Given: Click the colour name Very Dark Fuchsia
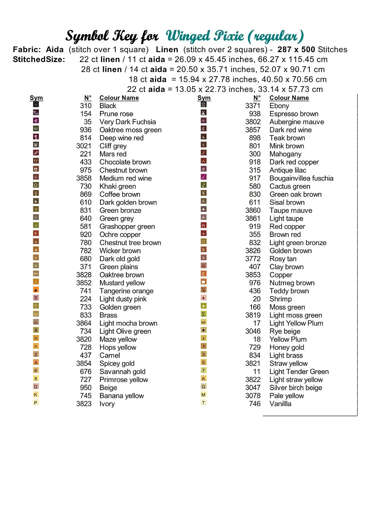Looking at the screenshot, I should (127, 122).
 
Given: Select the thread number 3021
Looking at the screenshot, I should (84, 146).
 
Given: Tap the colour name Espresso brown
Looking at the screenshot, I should (294, 114).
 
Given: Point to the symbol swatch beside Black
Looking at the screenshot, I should (36, 105).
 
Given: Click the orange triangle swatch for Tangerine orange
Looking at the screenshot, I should (36, 290).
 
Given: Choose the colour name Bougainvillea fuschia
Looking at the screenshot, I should (301, 178).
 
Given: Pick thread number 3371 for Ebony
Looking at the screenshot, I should (253, 106).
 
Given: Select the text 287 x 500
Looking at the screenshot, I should (296, 50).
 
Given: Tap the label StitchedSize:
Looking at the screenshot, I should (39, 60).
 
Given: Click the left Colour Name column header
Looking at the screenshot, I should (119, 98).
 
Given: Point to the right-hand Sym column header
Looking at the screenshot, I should (204, 98).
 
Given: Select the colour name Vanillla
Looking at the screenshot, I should (280, 404).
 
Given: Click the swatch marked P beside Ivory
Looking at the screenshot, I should (36, 403).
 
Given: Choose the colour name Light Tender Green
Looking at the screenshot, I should (299, 372).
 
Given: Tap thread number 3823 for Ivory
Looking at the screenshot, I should (84, 404).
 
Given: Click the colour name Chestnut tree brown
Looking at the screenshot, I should (130, 243).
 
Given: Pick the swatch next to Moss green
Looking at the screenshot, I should (204, 306).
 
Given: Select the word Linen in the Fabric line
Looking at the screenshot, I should (167, 50).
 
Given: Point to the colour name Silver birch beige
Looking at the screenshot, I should (295, 388).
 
